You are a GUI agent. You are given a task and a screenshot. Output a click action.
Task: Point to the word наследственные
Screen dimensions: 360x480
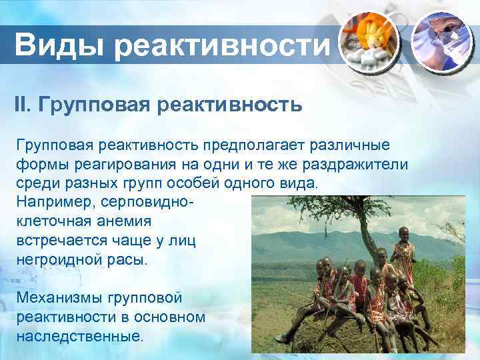pos(79,335)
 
